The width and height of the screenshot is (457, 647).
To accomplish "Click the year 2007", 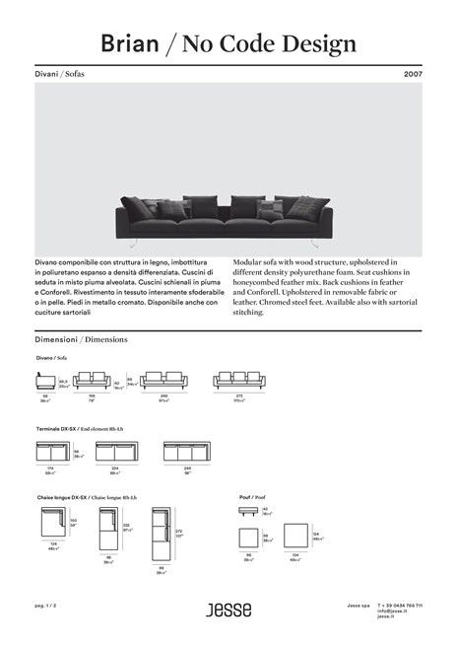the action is (413, 74).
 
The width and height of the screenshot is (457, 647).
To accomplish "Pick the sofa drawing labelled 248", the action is (163, 381).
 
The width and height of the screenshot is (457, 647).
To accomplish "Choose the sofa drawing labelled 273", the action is (239, 381).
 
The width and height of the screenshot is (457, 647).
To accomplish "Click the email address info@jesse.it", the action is (392, 611).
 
